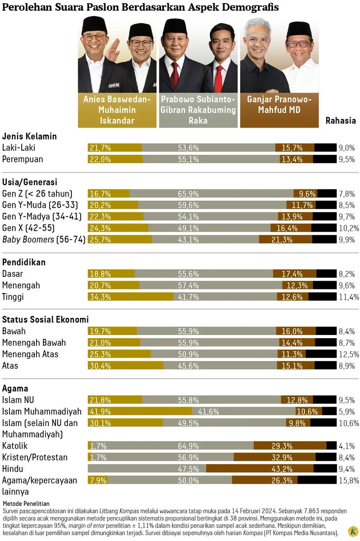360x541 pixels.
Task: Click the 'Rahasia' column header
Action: tap(341, 120)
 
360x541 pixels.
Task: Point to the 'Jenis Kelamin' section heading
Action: tap(29, 136)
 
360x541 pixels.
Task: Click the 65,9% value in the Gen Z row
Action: tap(189, 194)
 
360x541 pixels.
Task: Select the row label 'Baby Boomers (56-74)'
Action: tap(44, 239)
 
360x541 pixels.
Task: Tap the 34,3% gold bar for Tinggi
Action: tap(131, 297)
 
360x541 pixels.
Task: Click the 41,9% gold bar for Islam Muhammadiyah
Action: tap(140, 411)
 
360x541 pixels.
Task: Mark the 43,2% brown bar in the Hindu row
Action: tap(272, 468)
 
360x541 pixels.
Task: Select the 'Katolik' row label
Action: tap(15, 445)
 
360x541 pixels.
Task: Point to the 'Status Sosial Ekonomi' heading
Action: tap(45, 319)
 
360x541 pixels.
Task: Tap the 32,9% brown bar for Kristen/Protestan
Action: tap(282, 457)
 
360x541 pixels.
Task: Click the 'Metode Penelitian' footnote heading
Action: tap(26, 503)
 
